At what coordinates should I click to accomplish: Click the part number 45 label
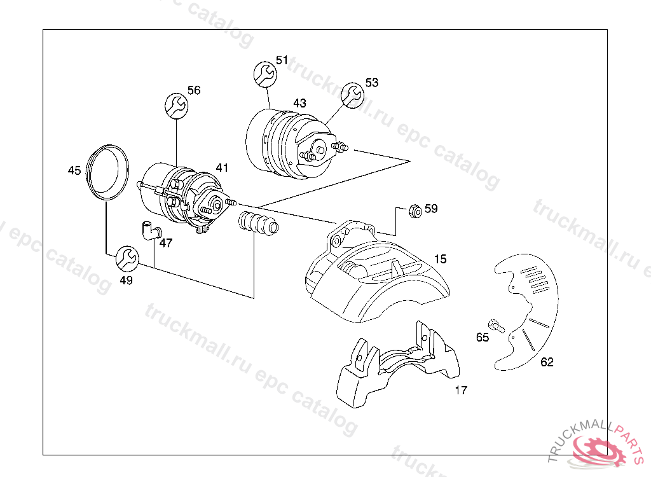74,170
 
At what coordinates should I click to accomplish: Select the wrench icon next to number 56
176,105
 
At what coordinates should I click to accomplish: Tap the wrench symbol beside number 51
264,74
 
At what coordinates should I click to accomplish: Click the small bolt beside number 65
496,325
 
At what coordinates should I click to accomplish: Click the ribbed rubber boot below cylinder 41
258,223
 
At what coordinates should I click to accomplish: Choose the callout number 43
299,103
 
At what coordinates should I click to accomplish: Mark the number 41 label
221,168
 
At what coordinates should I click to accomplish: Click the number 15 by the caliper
441,259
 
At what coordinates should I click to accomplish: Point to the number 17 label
461,390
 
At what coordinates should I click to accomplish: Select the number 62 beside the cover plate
547,363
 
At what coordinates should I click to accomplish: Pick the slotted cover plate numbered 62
528,312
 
